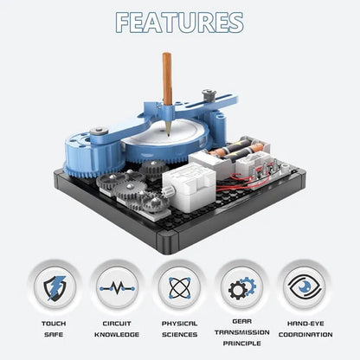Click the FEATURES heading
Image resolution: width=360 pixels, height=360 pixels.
179,22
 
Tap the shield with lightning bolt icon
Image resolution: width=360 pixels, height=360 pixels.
55,288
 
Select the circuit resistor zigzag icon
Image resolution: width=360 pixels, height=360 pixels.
117,288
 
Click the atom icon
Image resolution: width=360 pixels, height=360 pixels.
179,288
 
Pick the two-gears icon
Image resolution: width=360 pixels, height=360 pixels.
242,288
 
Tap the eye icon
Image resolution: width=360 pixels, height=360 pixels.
305,287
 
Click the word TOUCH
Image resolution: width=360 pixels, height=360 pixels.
54,324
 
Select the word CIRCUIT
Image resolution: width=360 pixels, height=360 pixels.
117,324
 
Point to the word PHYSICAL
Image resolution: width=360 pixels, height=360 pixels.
179,324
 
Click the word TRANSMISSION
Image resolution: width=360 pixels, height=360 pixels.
242,332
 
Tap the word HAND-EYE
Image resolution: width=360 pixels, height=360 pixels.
305,324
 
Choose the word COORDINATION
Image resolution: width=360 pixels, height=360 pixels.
305,335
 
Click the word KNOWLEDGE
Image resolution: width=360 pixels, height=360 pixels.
117,335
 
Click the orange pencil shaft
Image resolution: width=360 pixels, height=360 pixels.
167,79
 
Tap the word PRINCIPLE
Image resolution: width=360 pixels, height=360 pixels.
242,344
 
